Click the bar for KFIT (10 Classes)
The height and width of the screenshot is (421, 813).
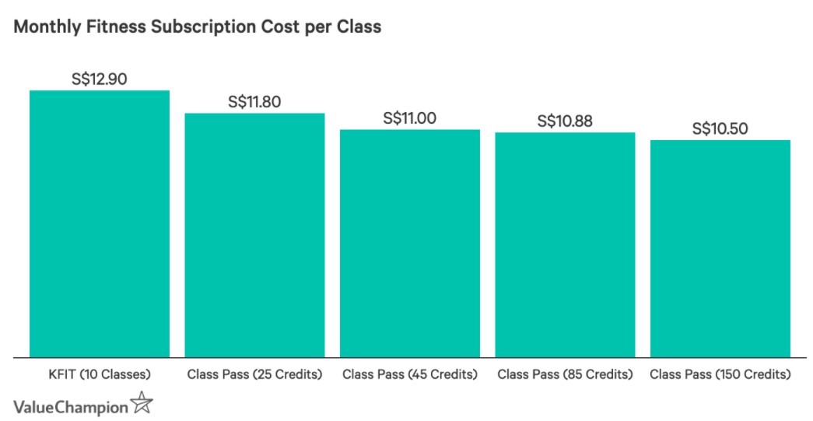[99, 224]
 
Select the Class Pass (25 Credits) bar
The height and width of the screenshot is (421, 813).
[254, 235]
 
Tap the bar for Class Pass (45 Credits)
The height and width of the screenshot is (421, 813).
[409, 243]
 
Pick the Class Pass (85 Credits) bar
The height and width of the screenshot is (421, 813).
[565, 244]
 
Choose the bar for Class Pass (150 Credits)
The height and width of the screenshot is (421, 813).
[720, 248]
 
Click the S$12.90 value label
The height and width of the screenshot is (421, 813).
[99, 79]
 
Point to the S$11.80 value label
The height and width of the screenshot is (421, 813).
[254, 101]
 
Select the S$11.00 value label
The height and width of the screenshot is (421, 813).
[409, 118]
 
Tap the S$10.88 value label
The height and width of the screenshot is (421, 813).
[565, 121]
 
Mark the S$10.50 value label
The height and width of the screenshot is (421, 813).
[720, 128]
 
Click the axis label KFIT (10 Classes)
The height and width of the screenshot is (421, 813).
[99, 374]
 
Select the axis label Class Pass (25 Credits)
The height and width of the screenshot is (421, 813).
[254, 374]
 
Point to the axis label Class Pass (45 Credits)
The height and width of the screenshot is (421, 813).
[409, 374]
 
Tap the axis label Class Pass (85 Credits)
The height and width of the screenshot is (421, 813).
[565, 374]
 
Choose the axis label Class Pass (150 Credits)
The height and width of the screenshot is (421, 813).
[720, 374]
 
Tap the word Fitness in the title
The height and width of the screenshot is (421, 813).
[105, 26]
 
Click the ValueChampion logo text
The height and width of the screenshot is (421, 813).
[70, 405]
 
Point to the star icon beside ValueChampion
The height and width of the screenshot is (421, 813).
[142, 403]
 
